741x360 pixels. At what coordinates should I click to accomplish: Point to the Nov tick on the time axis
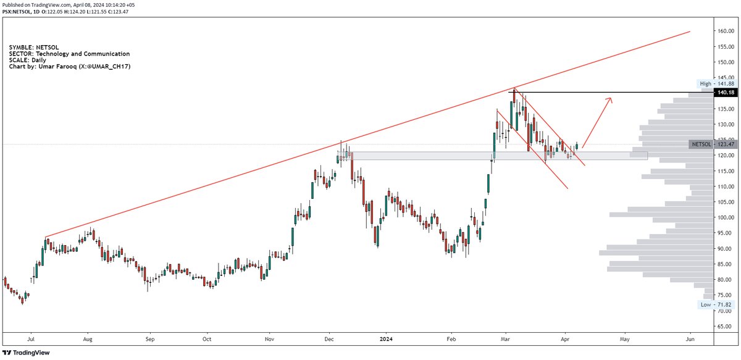tap(269, 339)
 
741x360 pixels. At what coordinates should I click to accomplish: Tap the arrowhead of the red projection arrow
tap(610, 99)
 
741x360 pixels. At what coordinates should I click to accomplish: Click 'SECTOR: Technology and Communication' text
tap(69, 54)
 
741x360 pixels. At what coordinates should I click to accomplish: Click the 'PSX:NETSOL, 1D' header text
tap(25, 11)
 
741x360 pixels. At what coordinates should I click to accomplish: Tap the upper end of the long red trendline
tap(690, 31)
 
